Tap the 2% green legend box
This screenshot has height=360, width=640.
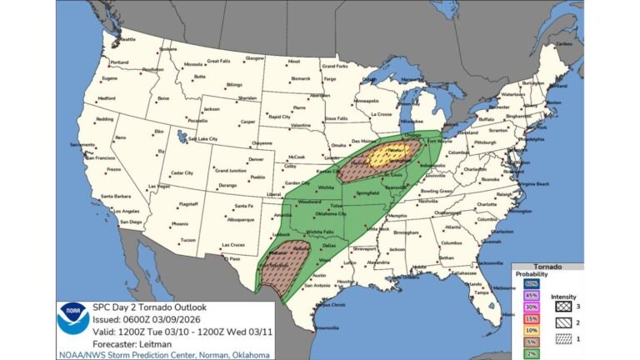pos(530,352)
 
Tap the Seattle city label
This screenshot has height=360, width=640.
pos(127,39)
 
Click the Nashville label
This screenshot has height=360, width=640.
pos(429,201)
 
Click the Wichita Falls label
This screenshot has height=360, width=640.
pos(321,229)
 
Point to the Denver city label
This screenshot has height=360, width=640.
pos(256,159)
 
